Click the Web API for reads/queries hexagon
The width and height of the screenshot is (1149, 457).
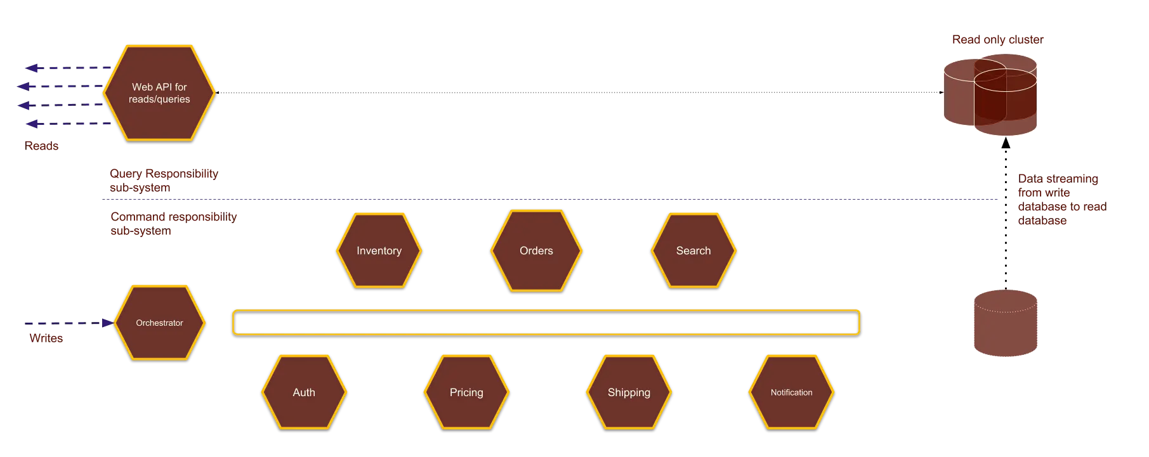[159, 93]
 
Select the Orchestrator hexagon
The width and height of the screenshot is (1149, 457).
[159, 323]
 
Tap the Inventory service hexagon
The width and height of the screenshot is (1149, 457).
[379, 250]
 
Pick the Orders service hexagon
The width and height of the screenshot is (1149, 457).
[536, 250]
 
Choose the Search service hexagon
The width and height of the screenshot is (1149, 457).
[693, 250]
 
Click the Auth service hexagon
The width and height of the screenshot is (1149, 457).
[304, 392]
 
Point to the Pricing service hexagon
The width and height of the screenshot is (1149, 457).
[466, 392]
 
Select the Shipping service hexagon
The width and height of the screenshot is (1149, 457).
[629, 392]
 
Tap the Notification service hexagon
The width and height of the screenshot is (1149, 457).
[791, 392]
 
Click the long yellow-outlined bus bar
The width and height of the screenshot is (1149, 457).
[546, 322]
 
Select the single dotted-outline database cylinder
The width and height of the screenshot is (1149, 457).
[1004, 323]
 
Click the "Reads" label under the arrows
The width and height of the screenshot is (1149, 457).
[43, 146]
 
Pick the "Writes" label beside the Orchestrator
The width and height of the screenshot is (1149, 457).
[47, 338]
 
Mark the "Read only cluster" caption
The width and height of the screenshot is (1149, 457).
[997, 39]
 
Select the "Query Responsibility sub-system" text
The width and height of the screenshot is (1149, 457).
[162, 180]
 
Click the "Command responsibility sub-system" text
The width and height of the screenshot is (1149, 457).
[173, 224]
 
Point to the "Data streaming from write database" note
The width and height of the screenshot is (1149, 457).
[1061, 200]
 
